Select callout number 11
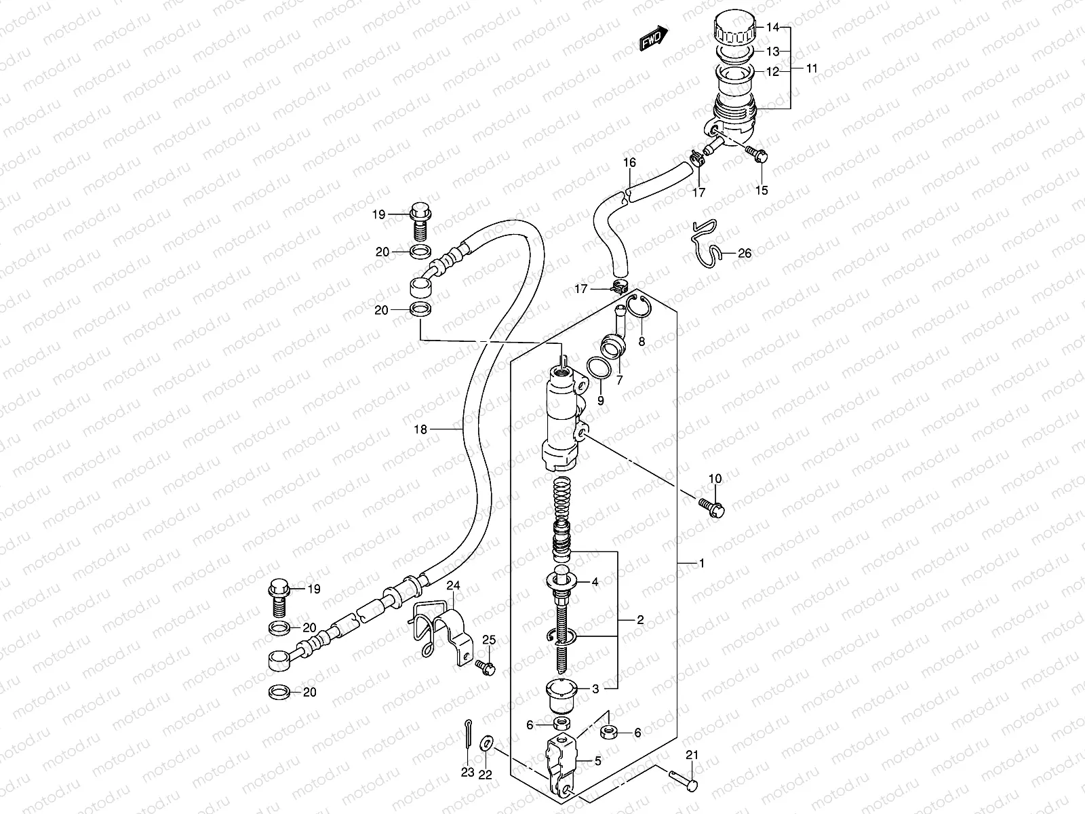pyautogui.click(x=812, y=69)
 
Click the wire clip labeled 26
pyautogui.click(x=706, y=244)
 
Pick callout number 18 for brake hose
pyautogui.click(x=421, y=429)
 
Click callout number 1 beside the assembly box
pyautogui.click(x=702, y=564)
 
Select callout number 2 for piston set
pyautogui.click(x=639, y=619)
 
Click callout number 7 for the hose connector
pyautogui.click(x=618, y=380)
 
